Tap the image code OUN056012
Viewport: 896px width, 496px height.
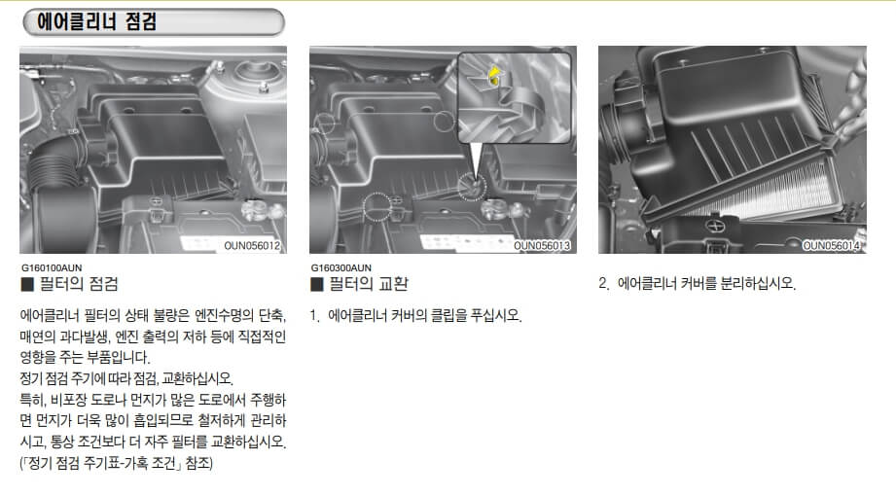tap(251, 246)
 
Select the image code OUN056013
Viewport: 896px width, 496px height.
tap(542, 246)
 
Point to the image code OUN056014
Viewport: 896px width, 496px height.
tap(832, 246)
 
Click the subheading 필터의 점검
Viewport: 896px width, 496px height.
tap(79, 284)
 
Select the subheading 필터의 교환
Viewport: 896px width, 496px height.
tap(369, 284)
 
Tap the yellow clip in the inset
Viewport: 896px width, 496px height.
tap(496, 76)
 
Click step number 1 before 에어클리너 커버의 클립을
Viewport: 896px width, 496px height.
tap(314, 316)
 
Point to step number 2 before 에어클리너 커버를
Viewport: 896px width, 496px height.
tap(603, 284)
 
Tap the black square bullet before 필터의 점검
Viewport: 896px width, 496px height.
tap(27, 285)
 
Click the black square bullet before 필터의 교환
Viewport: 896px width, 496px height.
tap(316, 285)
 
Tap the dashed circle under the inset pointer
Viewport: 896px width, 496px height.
tap(472, 187)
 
